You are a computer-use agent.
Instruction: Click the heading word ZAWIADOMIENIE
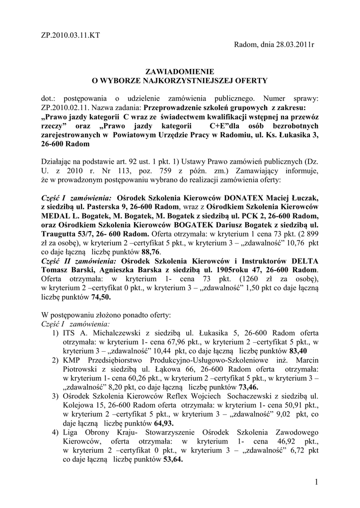click(180, 71)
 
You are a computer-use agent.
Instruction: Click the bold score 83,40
click(298, 351)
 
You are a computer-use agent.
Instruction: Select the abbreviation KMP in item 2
click(73, 360)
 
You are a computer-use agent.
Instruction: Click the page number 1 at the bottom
click(317, 482)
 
